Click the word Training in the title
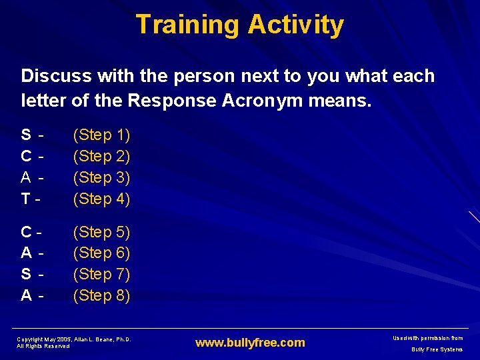coord(187,25)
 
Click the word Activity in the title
coord(295,25)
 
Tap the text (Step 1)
coord(101,135)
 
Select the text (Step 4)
coord(101,199)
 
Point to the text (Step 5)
coord(101,232)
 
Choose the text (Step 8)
coord(101,295)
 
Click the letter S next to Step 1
coord(26,135)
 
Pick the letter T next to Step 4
coord(25,199)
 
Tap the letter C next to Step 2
coord(26,157)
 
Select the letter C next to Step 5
coord(26,232)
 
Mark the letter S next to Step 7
coord(26,274)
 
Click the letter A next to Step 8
coord(26,295)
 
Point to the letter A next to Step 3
coord(26,177)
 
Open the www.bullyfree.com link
coord(250,343)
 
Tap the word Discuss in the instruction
coord(52,76)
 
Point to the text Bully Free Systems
coord(437,349)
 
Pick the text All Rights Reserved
coord(43,347)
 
